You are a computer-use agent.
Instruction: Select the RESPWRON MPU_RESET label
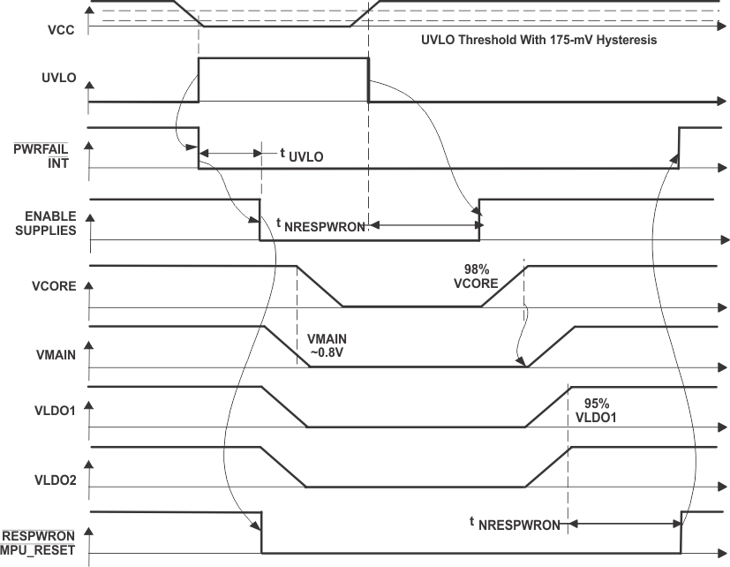(x=40, y=543)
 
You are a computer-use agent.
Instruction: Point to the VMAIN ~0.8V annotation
(x=331, y=347)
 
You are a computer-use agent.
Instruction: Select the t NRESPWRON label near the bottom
(x=514, y=524)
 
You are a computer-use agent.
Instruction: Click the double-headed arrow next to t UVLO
(x=230, y=154)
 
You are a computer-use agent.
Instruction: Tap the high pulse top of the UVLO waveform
(x=283, y=59)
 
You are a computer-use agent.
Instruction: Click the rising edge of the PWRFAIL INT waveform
(x=679, y=147)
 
